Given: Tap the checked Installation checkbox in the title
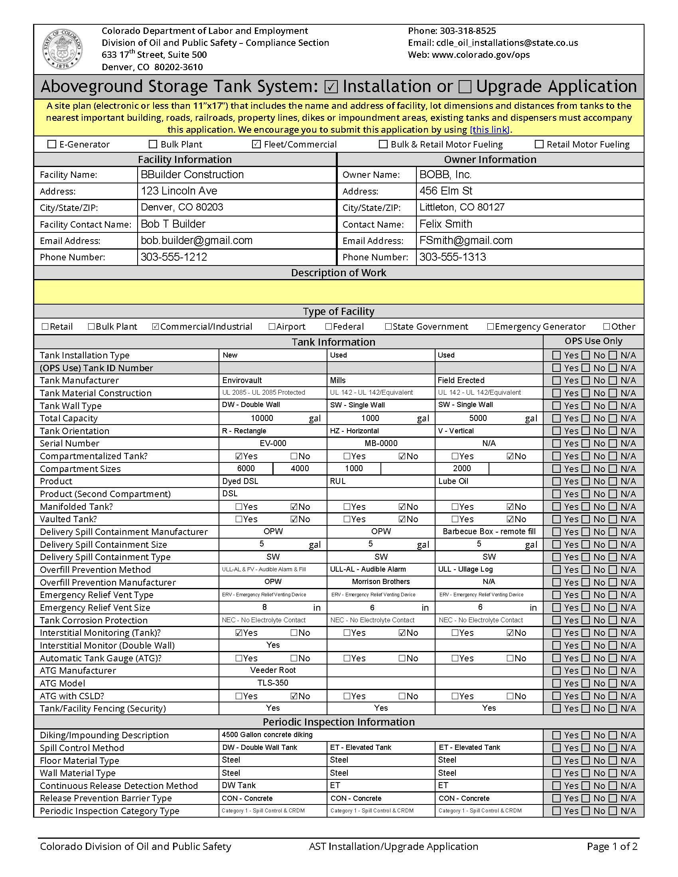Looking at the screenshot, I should tap(331, 87).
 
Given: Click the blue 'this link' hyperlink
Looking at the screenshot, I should tap(490, 130).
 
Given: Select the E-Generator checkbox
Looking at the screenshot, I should tap(52, 144).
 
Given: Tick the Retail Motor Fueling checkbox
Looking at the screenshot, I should tap(539, 144).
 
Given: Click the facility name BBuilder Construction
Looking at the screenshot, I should tap(192, 174).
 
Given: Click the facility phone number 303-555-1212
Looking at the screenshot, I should tap(173, 257).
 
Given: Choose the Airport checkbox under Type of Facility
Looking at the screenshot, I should tap(272, 326).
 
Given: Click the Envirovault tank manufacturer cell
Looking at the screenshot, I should tap(242, 380).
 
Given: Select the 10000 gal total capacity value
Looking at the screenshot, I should tap(262, 418).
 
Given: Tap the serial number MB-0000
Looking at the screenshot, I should tap(381, 443).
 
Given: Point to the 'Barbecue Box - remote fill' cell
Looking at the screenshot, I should tap(489, 531).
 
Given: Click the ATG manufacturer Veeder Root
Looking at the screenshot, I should tap(273, 670).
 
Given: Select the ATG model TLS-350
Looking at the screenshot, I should tap(273, 682).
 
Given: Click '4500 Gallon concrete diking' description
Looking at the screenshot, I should tap(267, 734).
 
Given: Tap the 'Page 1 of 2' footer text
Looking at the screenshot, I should tap(612, 846).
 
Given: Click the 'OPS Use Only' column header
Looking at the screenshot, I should tap(593, 341).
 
